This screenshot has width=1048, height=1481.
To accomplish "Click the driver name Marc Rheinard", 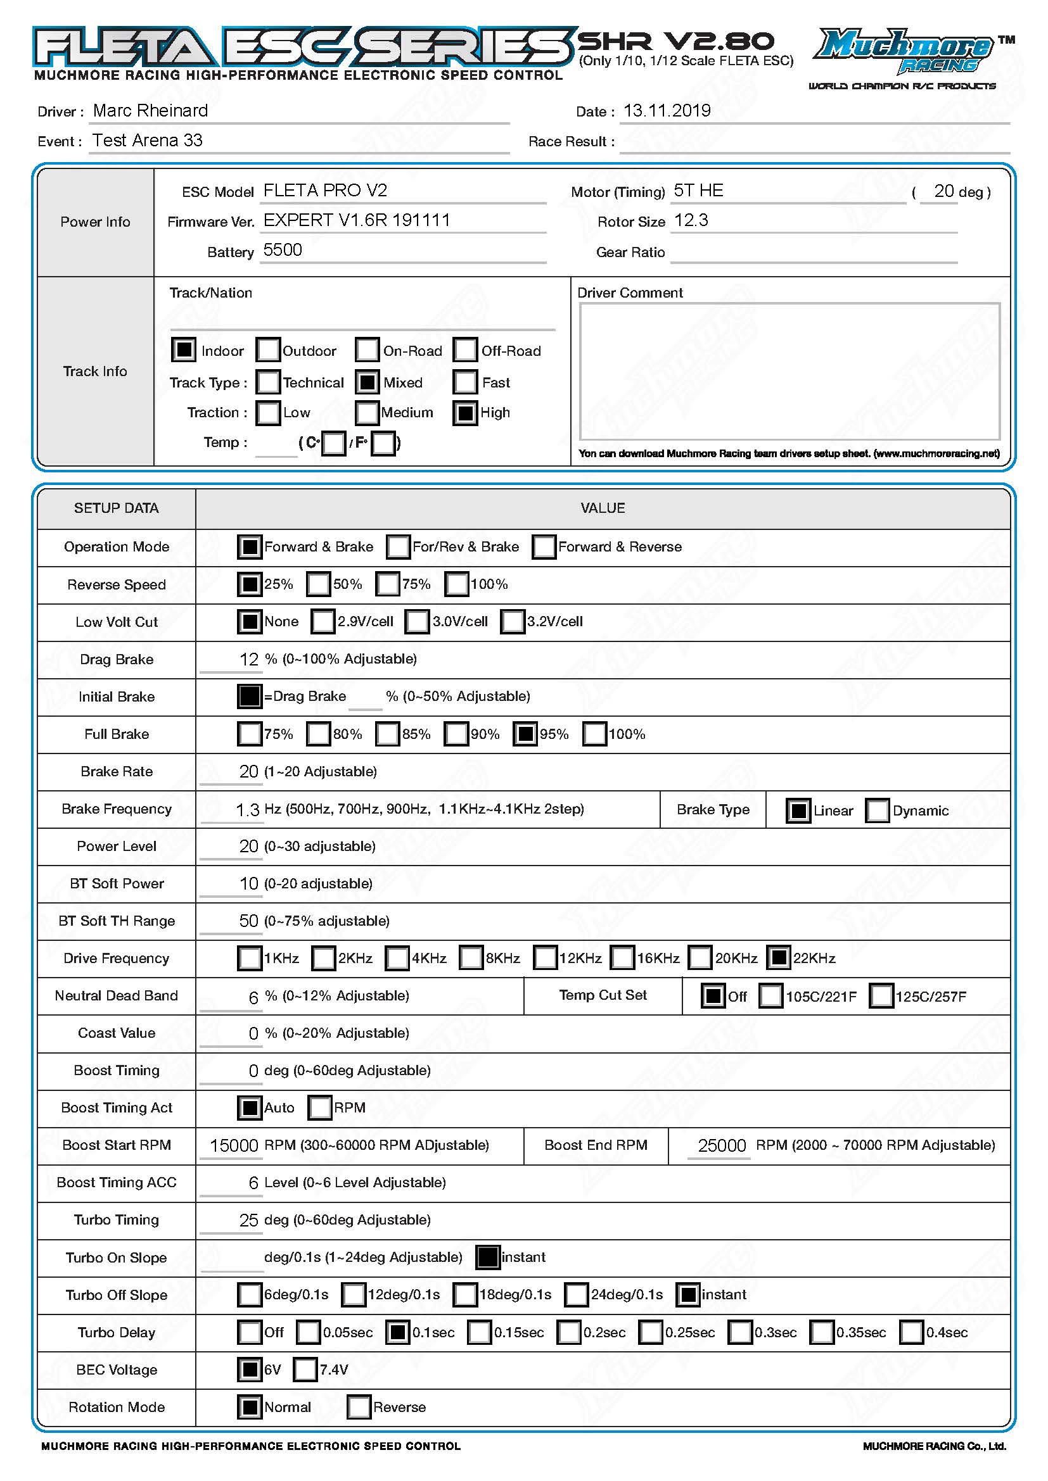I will click(150, 111).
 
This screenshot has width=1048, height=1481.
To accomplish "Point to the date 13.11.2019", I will click(667, 111).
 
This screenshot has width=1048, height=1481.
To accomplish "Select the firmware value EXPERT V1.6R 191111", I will click(356, 220).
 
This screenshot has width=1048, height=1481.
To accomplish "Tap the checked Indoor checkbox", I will click(183, 350).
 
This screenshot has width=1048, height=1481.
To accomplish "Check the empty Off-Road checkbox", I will click(465, 350).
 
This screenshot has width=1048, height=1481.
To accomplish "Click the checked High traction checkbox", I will click(465, 413).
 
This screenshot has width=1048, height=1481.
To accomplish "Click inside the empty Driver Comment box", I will click(789, 371).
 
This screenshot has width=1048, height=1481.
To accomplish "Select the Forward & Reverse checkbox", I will click(544, 547).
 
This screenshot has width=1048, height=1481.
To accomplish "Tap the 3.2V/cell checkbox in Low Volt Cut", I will click(513, 622).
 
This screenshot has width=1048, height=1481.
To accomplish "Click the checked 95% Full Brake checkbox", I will click(525, 734).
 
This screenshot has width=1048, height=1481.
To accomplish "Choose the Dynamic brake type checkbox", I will click(878, 811).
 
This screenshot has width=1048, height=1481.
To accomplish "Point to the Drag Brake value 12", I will click(248, 659).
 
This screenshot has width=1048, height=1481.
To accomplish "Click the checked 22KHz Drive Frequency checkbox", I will click(778, 959).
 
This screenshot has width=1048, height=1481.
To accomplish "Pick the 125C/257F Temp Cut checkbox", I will click(881, 996).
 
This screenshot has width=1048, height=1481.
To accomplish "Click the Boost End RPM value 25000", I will click(722, 1145).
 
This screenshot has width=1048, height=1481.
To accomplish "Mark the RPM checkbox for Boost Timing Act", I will click(319, 1108).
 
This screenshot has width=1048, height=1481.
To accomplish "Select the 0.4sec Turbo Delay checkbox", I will click(911, 1333).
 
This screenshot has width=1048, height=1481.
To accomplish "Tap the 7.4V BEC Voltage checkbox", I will click(305, 1370).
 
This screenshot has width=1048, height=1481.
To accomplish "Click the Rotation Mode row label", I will click(116, 1408).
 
